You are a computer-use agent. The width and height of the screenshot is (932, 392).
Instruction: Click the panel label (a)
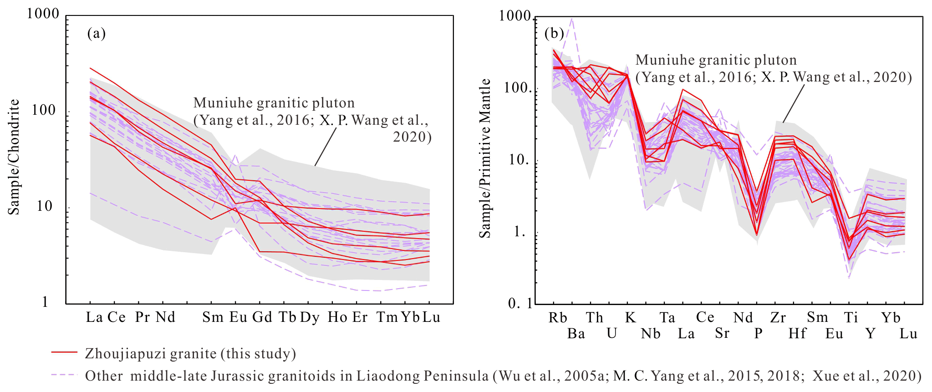(97, 34)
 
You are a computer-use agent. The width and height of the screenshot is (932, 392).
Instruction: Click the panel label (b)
(554, 33)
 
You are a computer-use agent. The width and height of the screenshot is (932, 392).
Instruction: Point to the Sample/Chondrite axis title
(14, 157)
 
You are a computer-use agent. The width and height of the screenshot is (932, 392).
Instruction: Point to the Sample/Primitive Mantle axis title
(485, 158)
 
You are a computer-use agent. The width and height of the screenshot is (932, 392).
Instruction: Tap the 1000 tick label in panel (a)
(43, 14)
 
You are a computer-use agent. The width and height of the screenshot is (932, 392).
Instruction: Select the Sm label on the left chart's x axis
(213, 317)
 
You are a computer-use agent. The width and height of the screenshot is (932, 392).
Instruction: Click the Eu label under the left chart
(238, 317)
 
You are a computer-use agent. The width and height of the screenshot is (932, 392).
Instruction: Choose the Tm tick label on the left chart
(387, 317)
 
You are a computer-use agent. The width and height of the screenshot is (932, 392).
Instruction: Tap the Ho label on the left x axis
(337, 317)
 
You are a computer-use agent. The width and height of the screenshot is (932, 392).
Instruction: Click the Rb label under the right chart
(557, 318)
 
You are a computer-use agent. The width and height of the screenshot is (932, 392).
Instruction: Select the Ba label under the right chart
(576, 334)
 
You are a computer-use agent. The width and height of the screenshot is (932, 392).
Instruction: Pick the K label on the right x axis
(630, 318)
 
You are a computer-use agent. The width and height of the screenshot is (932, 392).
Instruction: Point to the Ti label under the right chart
(851, 318)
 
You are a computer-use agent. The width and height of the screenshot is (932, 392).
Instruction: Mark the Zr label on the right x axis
(778, 318)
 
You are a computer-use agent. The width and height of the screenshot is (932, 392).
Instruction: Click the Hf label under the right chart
(797, 334)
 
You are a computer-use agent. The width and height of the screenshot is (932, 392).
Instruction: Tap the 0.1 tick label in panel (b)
(519, 303)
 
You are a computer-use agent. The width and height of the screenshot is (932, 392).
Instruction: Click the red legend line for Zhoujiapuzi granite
(65, 352)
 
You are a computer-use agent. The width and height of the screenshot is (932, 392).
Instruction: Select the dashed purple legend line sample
(65, 375)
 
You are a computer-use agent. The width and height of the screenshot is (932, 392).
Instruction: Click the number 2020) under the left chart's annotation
(412, 137)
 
